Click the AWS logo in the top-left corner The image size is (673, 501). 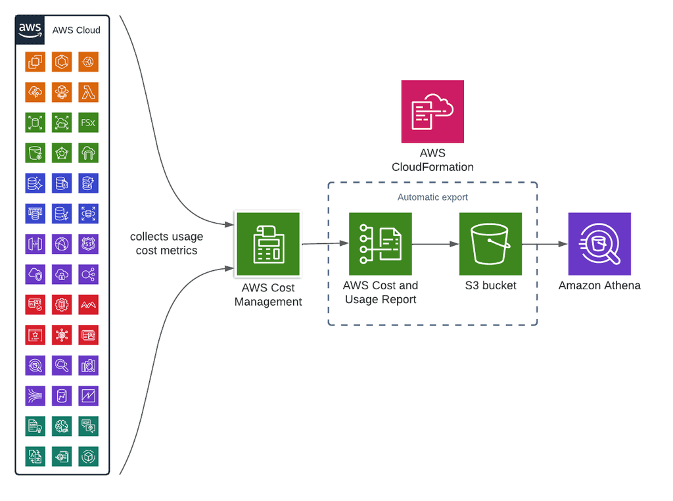point(30,30)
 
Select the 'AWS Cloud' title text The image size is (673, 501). point(76,30)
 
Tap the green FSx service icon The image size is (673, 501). point(88,122)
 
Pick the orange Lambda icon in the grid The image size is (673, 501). point(88,92)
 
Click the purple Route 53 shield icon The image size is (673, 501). point(88,244)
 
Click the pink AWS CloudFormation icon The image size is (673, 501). point(432,112)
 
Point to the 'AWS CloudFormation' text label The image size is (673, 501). point(432,160)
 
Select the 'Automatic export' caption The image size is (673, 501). point(432,197)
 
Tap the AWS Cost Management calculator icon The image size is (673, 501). point(268,244)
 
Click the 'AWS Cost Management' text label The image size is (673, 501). point(268,295)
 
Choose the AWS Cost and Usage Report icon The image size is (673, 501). point(381,244)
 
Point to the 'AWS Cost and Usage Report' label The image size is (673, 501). point(381,293)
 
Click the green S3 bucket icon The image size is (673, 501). point(490,244)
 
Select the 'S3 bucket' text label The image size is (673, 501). point(490,285)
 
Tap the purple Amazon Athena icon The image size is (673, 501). point(599,244)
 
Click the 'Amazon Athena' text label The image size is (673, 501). point(599,285)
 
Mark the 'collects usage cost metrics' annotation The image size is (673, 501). point(166,243)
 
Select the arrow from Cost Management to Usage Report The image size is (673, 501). point(325,244)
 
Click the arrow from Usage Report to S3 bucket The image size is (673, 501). point(435,244)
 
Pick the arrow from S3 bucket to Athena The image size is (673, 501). point(545,244)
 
